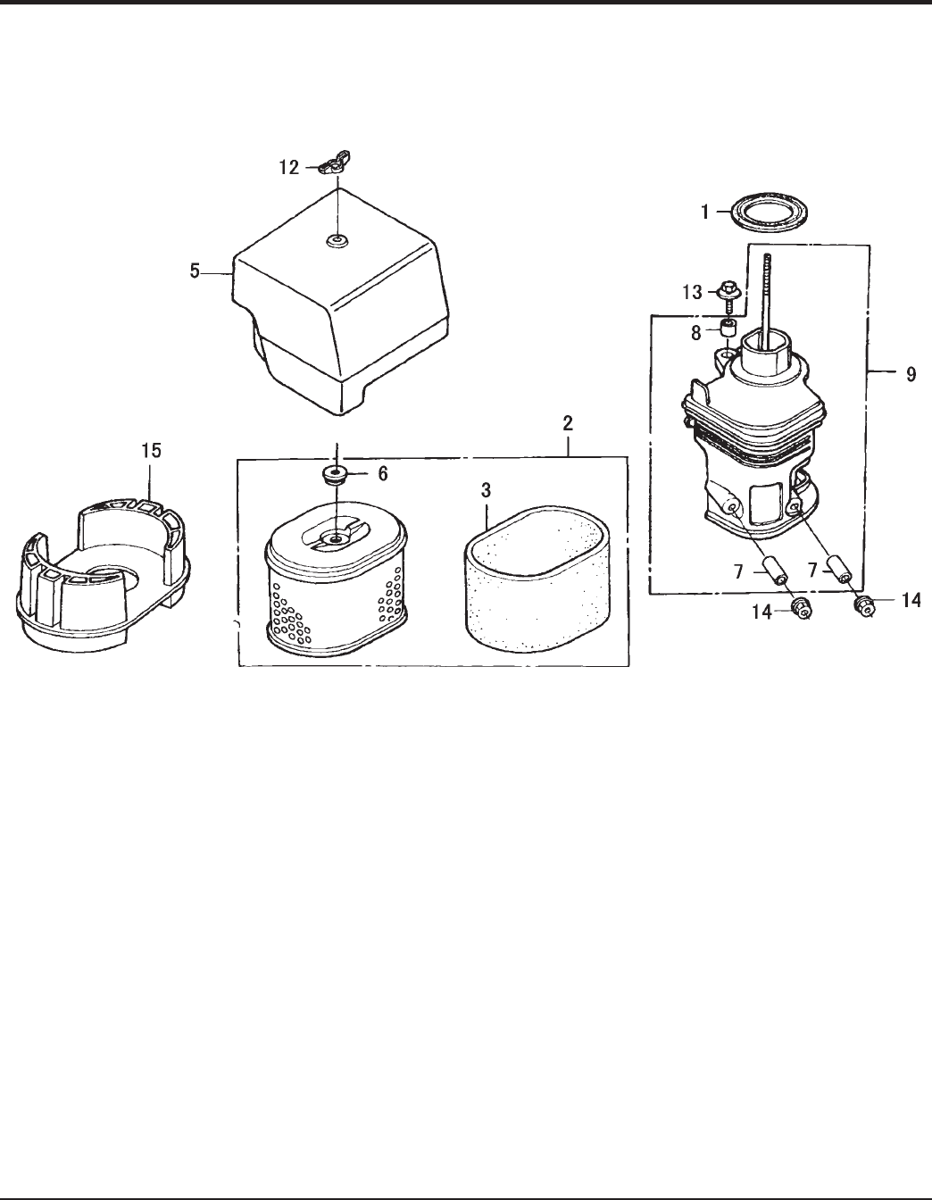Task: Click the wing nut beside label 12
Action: coord(335,162)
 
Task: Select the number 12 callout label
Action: coord(288,167)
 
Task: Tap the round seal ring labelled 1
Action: coord(770,212)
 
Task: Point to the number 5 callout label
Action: coord(195,271)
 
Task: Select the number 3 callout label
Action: coord(486,490)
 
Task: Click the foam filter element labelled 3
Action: coord(537,579)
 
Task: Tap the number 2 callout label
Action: coord(568,423)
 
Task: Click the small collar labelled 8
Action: coord(728,329)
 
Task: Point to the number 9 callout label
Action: coord(911,374)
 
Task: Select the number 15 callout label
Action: coord(151,450)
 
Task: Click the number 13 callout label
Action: coord(693,292)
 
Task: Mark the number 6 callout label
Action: coord(383,473)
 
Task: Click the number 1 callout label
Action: coord(704,212)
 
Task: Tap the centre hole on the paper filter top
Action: coord(335,537)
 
